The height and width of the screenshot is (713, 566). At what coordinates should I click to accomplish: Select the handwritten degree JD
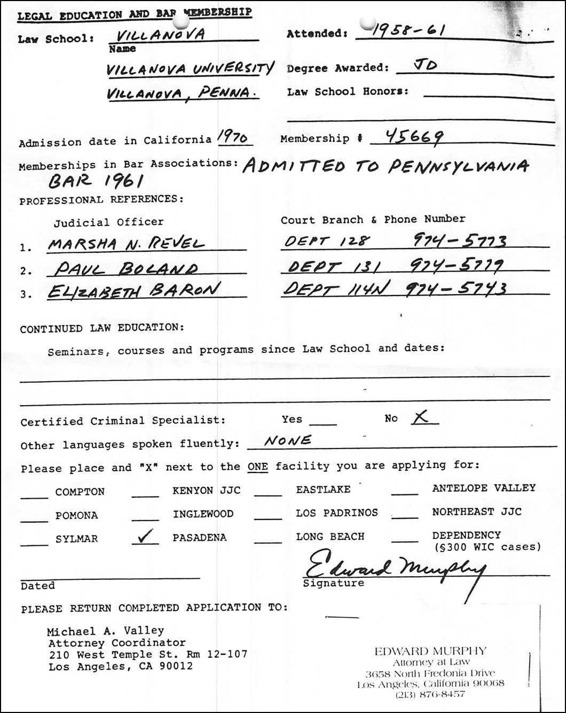425,66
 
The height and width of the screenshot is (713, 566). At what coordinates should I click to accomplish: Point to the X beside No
421,418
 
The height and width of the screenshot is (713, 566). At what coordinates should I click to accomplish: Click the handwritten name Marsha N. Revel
126,244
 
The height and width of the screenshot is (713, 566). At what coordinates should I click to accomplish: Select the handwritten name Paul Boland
126,268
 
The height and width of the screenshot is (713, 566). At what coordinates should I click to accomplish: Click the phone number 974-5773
460,242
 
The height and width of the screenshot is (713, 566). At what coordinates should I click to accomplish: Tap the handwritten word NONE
288,441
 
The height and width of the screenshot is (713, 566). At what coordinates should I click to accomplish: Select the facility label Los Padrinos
337,513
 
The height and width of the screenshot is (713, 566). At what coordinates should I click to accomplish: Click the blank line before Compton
34,497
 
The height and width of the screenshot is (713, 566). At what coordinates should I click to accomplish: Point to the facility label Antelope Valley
484,487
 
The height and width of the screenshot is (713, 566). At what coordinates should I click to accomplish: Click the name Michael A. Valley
106,631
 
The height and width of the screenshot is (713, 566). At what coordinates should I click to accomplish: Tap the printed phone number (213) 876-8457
430,694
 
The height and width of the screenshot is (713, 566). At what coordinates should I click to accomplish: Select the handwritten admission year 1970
232,138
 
